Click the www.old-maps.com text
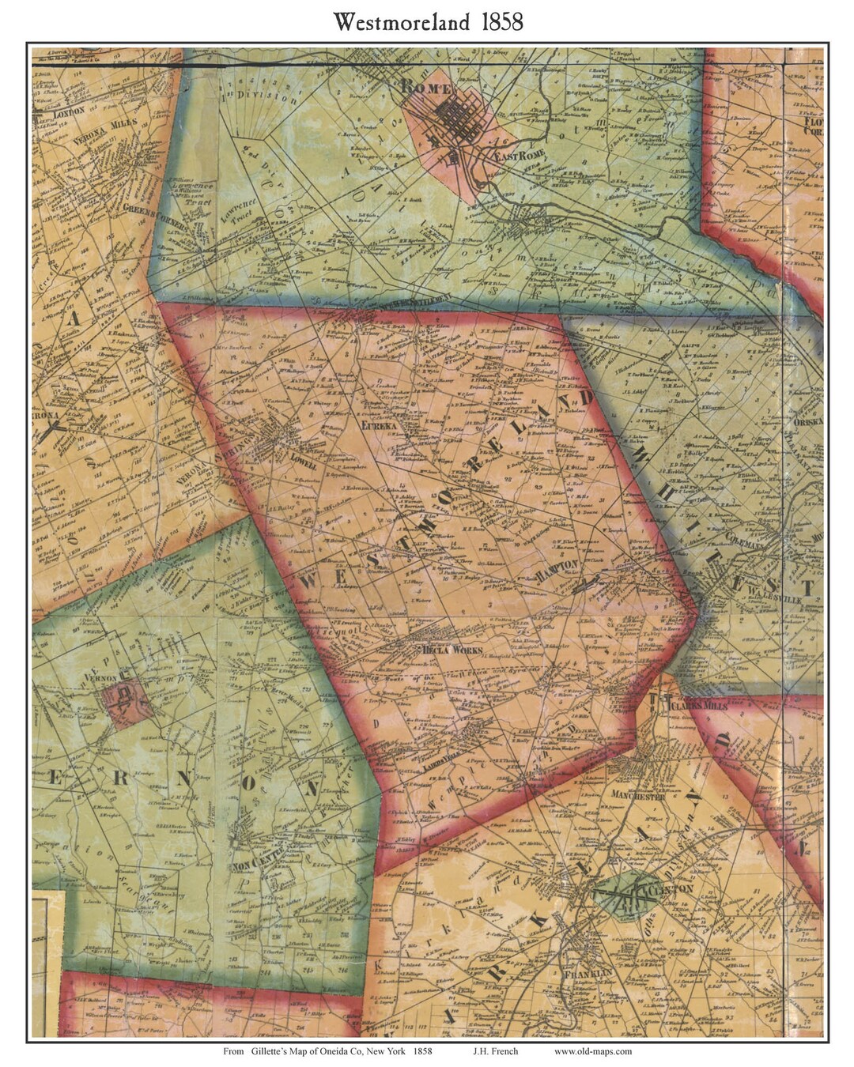click(x=592, y=1051)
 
